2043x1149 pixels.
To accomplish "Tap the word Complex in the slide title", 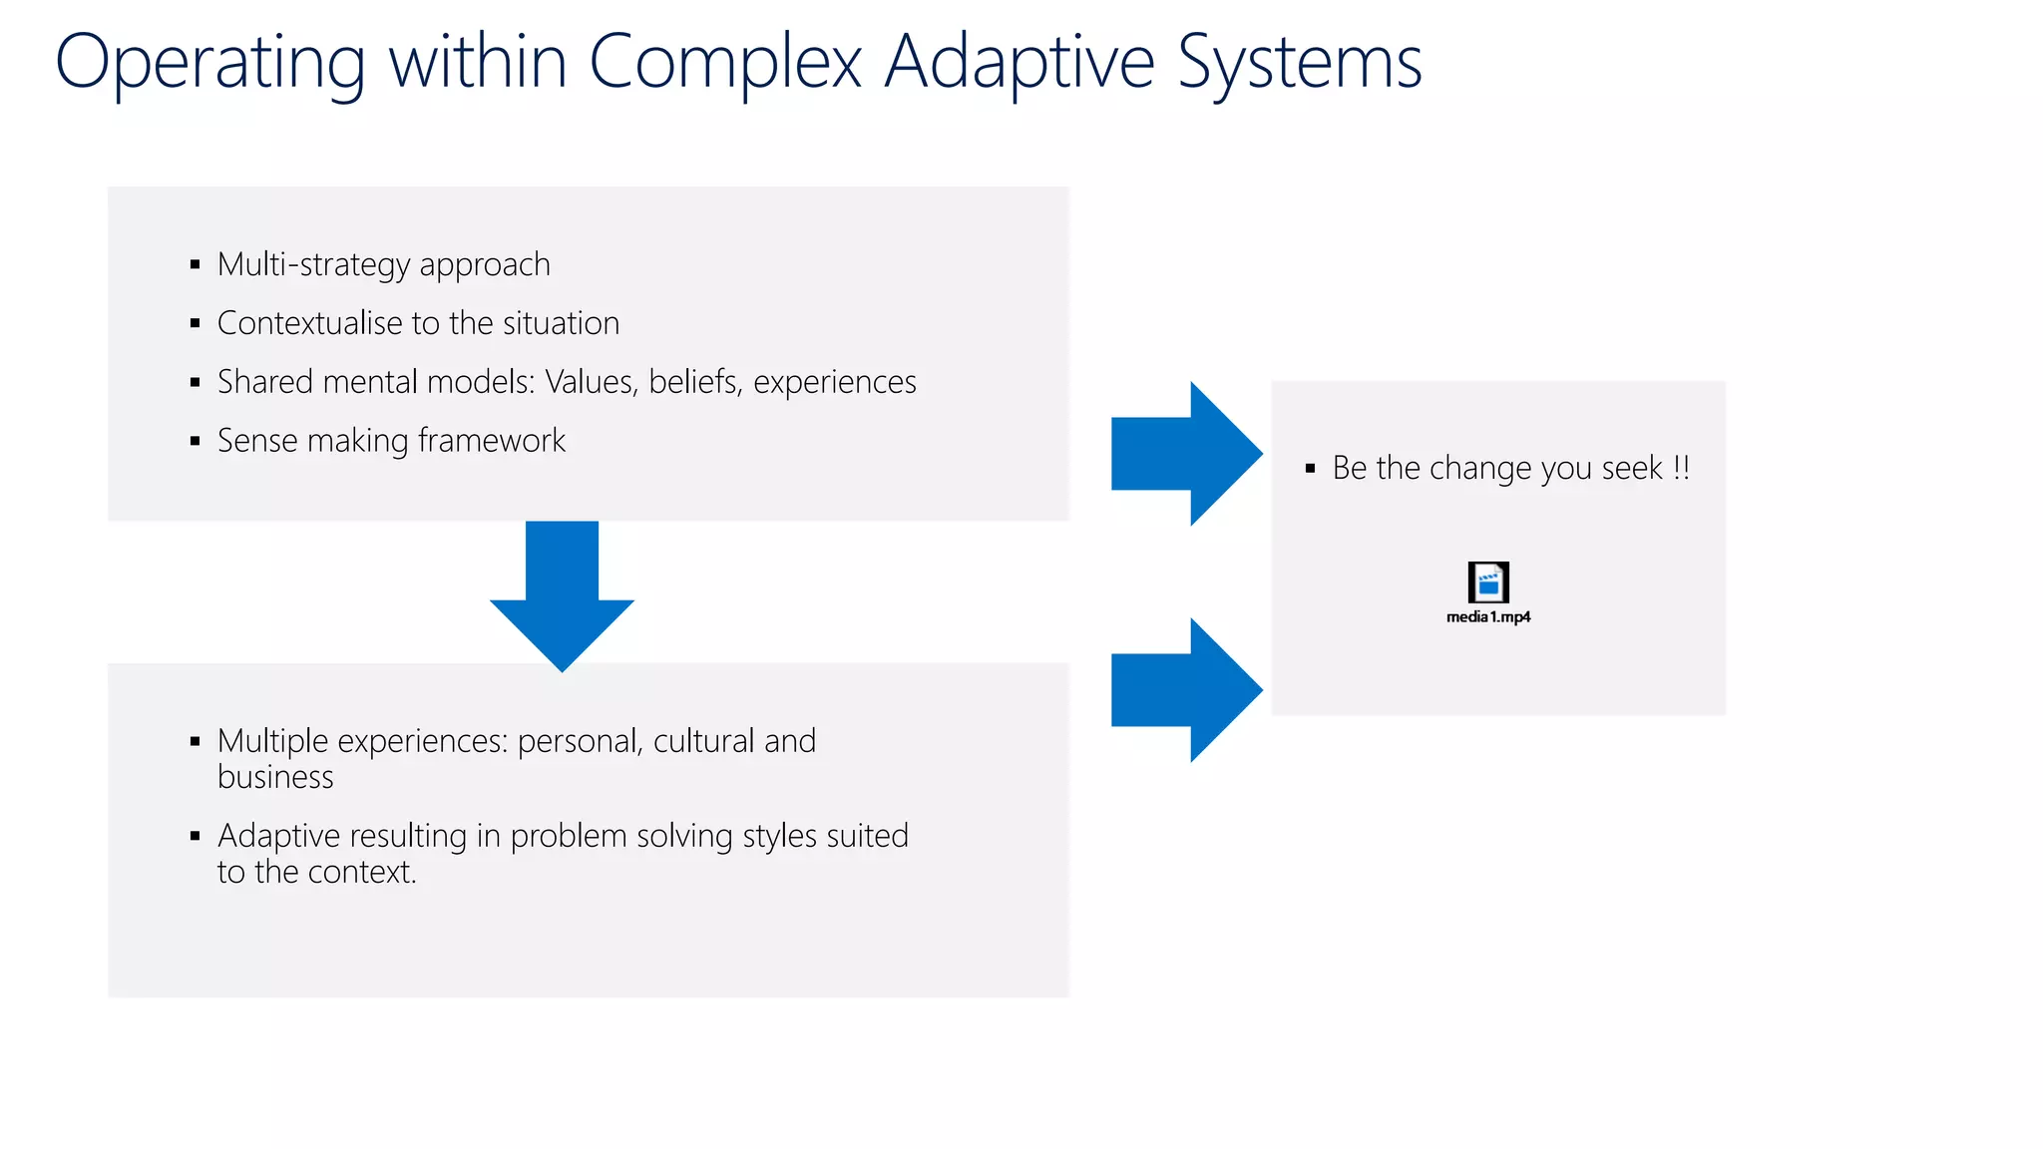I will (x=725, y=64).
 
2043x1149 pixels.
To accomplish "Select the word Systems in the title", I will (x=1299, y=64).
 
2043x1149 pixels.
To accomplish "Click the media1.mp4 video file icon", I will (x=1487, y=581).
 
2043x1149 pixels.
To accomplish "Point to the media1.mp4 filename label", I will (x=1487, y=617).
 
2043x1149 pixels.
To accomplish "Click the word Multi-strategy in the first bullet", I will (x=313, y=264).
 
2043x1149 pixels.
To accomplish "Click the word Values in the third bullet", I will (x=591, y=382).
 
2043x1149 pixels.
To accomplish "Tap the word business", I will (x=275, y=777).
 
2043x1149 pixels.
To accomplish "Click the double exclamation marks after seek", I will (x=1681, y=468).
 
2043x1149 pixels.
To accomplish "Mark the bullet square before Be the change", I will (x=1310, y=468).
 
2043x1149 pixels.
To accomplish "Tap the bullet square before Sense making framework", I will (x=195, y=441).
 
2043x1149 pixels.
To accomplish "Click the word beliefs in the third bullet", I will (x=693, y=382).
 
